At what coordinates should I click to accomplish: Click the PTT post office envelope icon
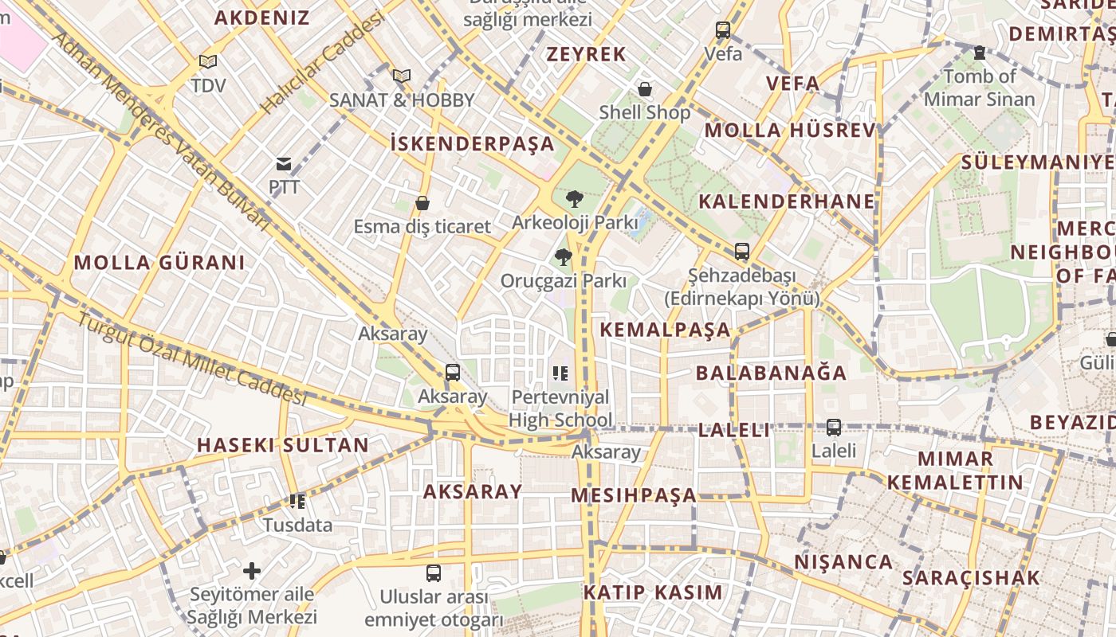tap(284, 165)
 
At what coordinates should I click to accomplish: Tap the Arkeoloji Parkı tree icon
tap(574, 199)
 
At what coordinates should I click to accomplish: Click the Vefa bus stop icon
tap(723, 31)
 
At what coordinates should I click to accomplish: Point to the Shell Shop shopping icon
tap(644, 89)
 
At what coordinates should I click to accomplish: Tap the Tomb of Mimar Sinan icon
tap(980, 53)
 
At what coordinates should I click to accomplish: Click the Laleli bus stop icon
tap(834, 427)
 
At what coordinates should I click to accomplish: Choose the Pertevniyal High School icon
tap(560, 373)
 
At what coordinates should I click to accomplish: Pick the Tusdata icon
tap(297, 502)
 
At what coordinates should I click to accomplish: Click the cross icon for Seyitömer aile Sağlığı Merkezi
tap(252, 571)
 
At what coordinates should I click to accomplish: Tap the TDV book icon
tap(208, 61)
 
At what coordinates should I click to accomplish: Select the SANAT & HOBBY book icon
tap(402, 76)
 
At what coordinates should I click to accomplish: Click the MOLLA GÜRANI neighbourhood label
tap(159, 263)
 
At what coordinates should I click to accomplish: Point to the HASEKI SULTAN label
tap(283, 445)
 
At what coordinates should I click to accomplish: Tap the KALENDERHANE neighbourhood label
tap(788, 201)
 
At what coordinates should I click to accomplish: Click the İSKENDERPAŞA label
tap(472, 144)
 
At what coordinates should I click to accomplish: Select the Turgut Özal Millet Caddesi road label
tap(191, 358)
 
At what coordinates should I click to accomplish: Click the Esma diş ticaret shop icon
tap(422, 204)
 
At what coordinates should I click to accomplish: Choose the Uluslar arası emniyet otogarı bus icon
tap(434, 573)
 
